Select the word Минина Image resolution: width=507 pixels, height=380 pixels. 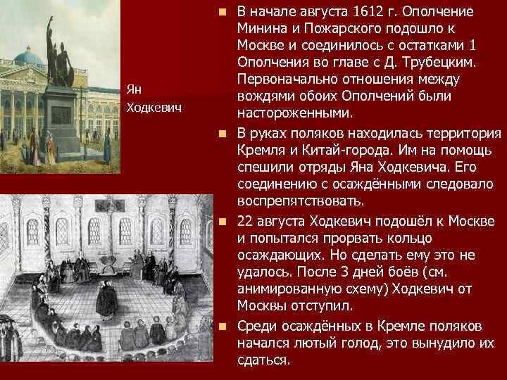pyautogui.click(x=263, y=29)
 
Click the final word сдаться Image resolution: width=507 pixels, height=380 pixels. pyautogui.click(x=263, y=359)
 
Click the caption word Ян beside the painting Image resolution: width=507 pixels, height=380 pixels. pyautogui.click(x=134, y=89)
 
